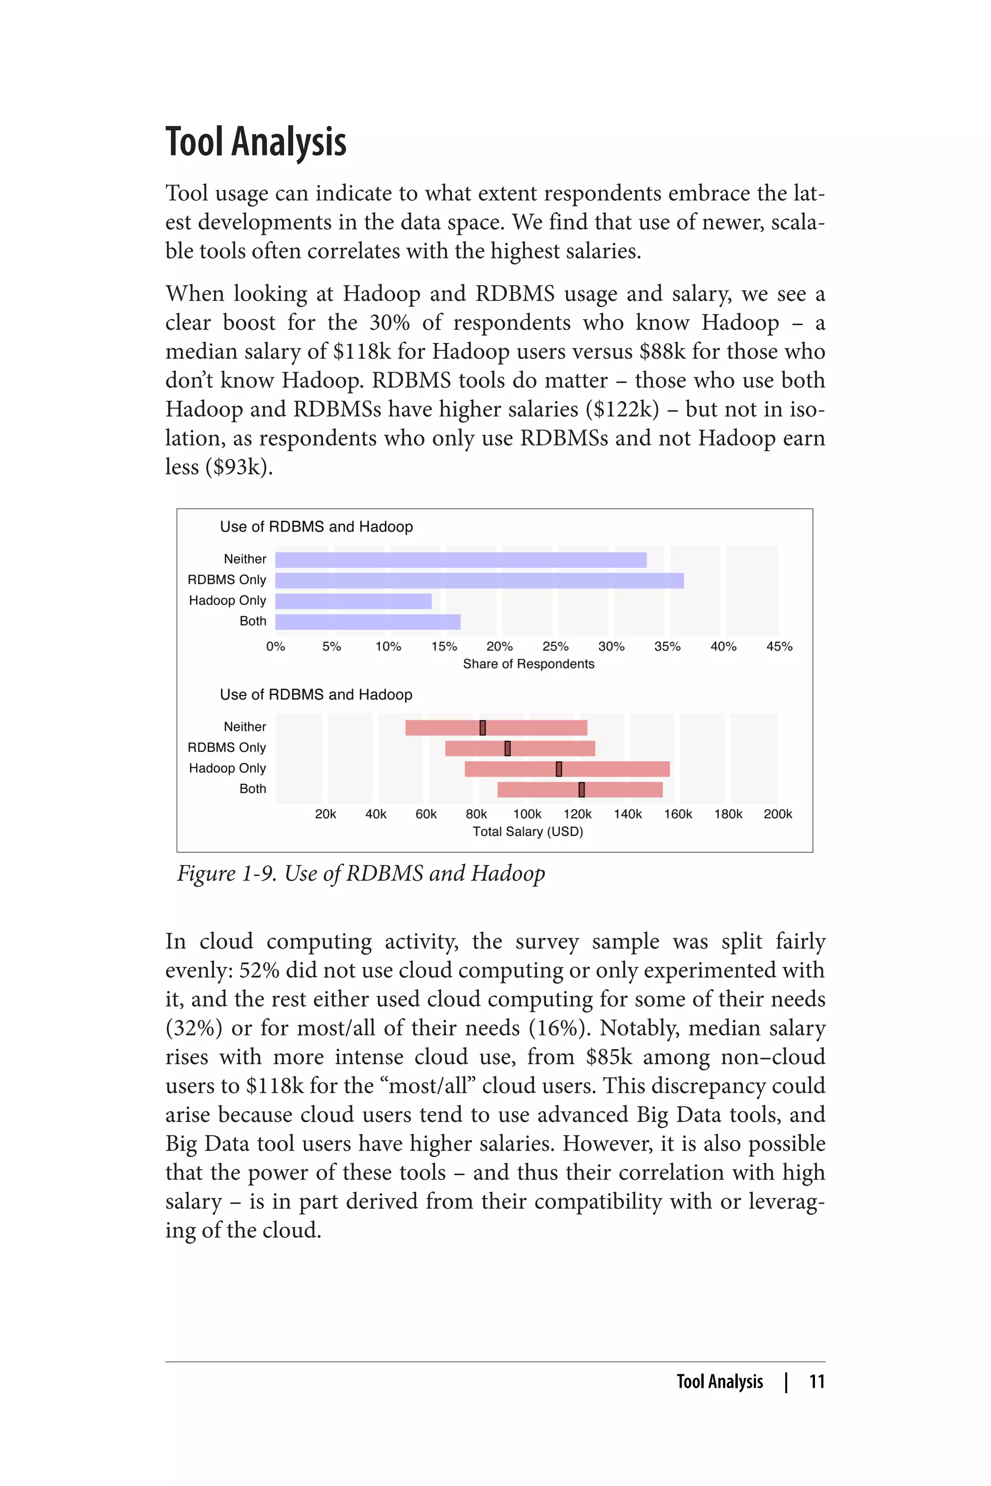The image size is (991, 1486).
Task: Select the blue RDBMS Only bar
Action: [x=479, y=580]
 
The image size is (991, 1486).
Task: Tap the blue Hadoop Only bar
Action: [x=353, y=601]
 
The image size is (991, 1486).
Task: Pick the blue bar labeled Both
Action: [x=367, y=622]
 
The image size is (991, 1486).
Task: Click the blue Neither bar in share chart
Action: [x=460, y=560]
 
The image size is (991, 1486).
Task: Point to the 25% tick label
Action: [x=555, y=646]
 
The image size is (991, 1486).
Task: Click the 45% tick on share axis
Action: [x=779, y=646]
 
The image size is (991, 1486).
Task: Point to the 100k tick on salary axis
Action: [x=527, y=815]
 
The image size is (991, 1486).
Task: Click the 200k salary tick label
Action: [x=778, y=815]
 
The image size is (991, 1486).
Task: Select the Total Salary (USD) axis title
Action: [x=528, y=832]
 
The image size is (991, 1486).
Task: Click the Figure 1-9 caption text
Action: [x=361, y=874]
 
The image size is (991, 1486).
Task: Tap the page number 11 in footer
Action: [x=817, y=1382]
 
